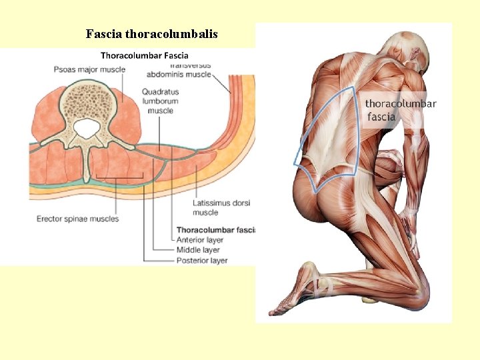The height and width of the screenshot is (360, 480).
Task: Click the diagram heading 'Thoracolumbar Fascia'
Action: (144, 56)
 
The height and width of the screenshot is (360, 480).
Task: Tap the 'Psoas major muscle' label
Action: (89, 69)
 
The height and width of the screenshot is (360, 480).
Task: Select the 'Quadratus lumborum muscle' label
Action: (160, 101)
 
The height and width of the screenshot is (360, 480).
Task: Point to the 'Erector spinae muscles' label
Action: (77, 219)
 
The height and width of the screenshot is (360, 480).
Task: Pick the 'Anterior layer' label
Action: (200, 240)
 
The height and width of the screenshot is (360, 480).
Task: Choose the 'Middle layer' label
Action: (198, 250)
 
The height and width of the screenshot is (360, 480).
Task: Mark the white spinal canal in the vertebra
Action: (85, 128)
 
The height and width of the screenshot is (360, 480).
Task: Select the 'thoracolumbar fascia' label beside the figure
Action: (400, 110)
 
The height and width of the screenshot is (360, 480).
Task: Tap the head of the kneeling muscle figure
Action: (408, 50)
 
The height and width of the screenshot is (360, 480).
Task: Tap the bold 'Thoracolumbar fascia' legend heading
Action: (215, 230)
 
